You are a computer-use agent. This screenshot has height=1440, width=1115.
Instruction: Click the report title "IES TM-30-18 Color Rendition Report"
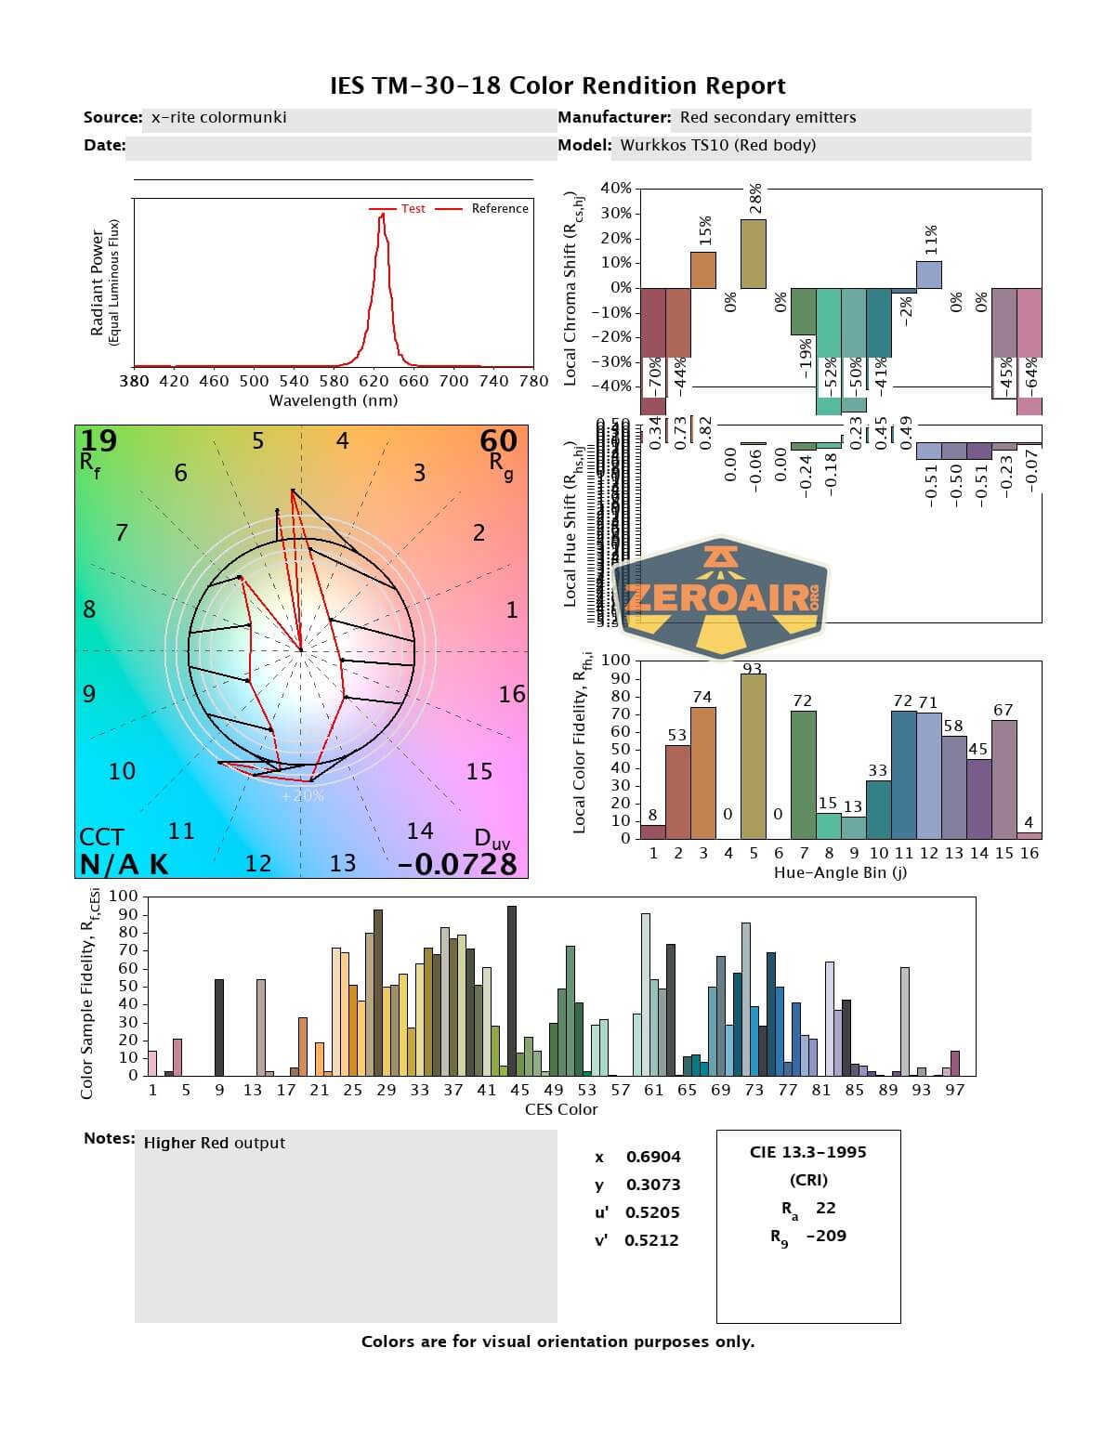(x=557, y=86)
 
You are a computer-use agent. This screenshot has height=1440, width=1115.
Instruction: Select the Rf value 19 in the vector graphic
(x=98, y=439)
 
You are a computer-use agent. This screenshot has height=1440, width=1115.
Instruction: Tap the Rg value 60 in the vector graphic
(x=498, y=439)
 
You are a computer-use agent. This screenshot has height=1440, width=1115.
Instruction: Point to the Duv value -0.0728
(x=456, y=864)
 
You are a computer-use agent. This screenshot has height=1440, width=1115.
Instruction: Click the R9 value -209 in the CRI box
(x=826, y=1236)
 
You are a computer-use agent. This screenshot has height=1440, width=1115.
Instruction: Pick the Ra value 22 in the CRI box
(x=825, y=1208)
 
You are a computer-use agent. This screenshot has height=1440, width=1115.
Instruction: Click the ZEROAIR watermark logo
(x=720, y=596)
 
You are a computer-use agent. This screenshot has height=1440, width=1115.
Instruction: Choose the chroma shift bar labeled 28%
(x=754, y=254)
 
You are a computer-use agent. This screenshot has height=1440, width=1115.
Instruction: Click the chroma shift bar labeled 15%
(x=703, y=269)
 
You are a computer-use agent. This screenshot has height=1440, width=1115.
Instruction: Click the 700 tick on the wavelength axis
(x=453, y=381)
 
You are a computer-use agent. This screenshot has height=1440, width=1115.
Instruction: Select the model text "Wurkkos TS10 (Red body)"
(x=717, y=145)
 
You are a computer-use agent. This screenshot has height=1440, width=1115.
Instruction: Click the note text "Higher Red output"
(x=214, y=1144)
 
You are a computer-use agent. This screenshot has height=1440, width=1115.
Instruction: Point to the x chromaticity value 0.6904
(x=653, y=1157)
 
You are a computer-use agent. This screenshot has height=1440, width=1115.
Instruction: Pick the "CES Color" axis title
(x=561, y=1109)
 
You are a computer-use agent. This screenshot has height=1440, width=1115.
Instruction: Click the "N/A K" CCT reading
(x=124, y=864)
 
